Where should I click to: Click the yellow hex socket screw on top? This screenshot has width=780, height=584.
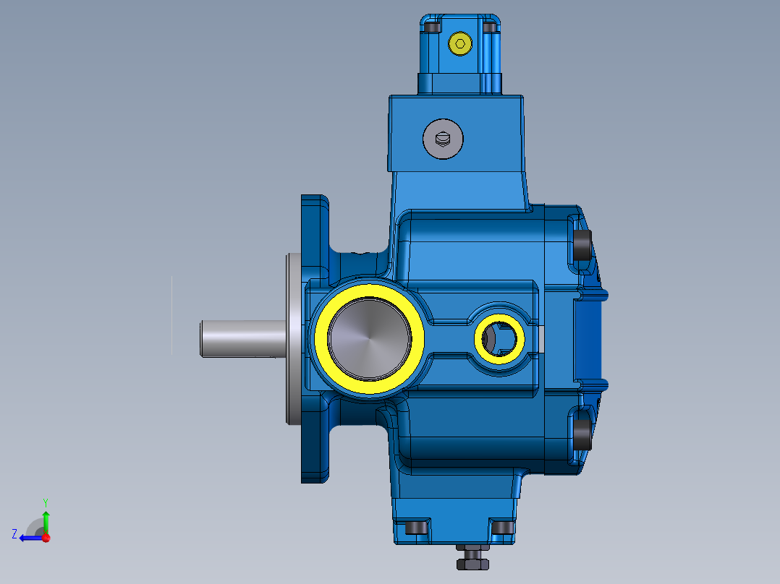[459, 43]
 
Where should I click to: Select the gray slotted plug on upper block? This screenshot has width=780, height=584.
[442, 138]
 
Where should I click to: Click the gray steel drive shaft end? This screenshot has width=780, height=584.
[239, 338]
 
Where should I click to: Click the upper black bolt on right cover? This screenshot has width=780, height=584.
[582, 244]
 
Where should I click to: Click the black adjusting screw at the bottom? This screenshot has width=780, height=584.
[472, 559]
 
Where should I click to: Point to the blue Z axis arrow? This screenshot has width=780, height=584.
[29, 537]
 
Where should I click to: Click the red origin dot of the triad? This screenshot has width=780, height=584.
[46, 537]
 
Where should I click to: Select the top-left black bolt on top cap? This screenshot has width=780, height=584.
[433, 27]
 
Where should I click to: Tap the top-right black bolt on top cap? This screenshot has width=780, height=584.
[490, 27]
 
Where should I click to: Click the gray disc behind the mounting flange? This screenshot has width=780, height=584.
[294, 338]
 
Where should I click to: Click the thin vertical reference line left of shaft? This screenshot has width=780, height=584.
[171, 315]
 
